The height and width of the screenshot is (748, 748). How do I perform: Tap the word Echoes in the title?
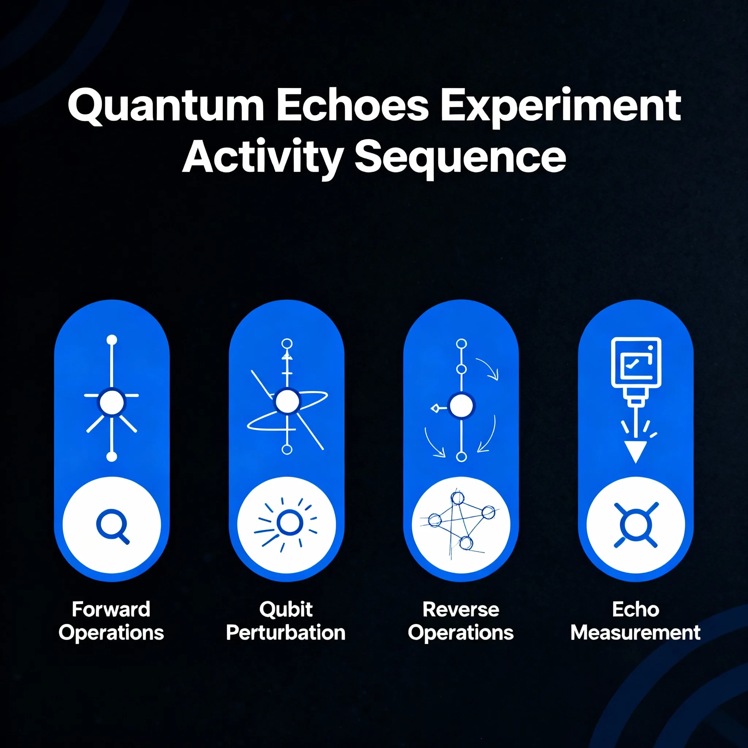pyautogui.click(x=353, y=105)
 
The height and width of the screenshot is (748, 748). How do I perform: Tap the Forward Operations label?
pyautogui.click(x=111, y=621)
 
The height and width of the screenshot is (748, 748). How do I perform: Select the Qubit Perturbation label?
pyautogui.click(x=286, y=621)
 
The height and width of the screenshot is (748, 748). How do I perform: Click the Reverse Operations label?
pyautogui.click(x=461, y=621)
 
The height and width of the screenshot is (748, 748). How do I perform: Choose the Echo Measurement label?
pyautogui.click(x=636, y=621)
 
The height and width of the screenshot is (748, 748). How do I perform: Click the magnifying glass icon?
pyautogui.click(x=112, y=527)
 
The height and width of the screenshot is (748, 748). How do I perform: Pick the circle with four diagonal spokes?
pyautogui.click(x=636, y=525)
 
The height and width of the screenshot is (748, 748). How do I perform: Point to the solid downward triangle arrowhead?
pyautogui.click(x=636, y=452)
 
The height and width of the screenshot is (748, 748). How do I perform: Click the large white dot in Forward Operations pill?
pyautogui.click(x=112, y=402)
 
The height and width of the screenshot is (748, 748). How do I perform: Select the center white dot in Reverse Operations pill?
pyautogui.click(x=461, y=406)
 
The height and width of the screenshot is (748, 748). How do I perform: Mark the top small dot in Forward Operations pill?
pyautogui.click(x=112, y=340)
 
